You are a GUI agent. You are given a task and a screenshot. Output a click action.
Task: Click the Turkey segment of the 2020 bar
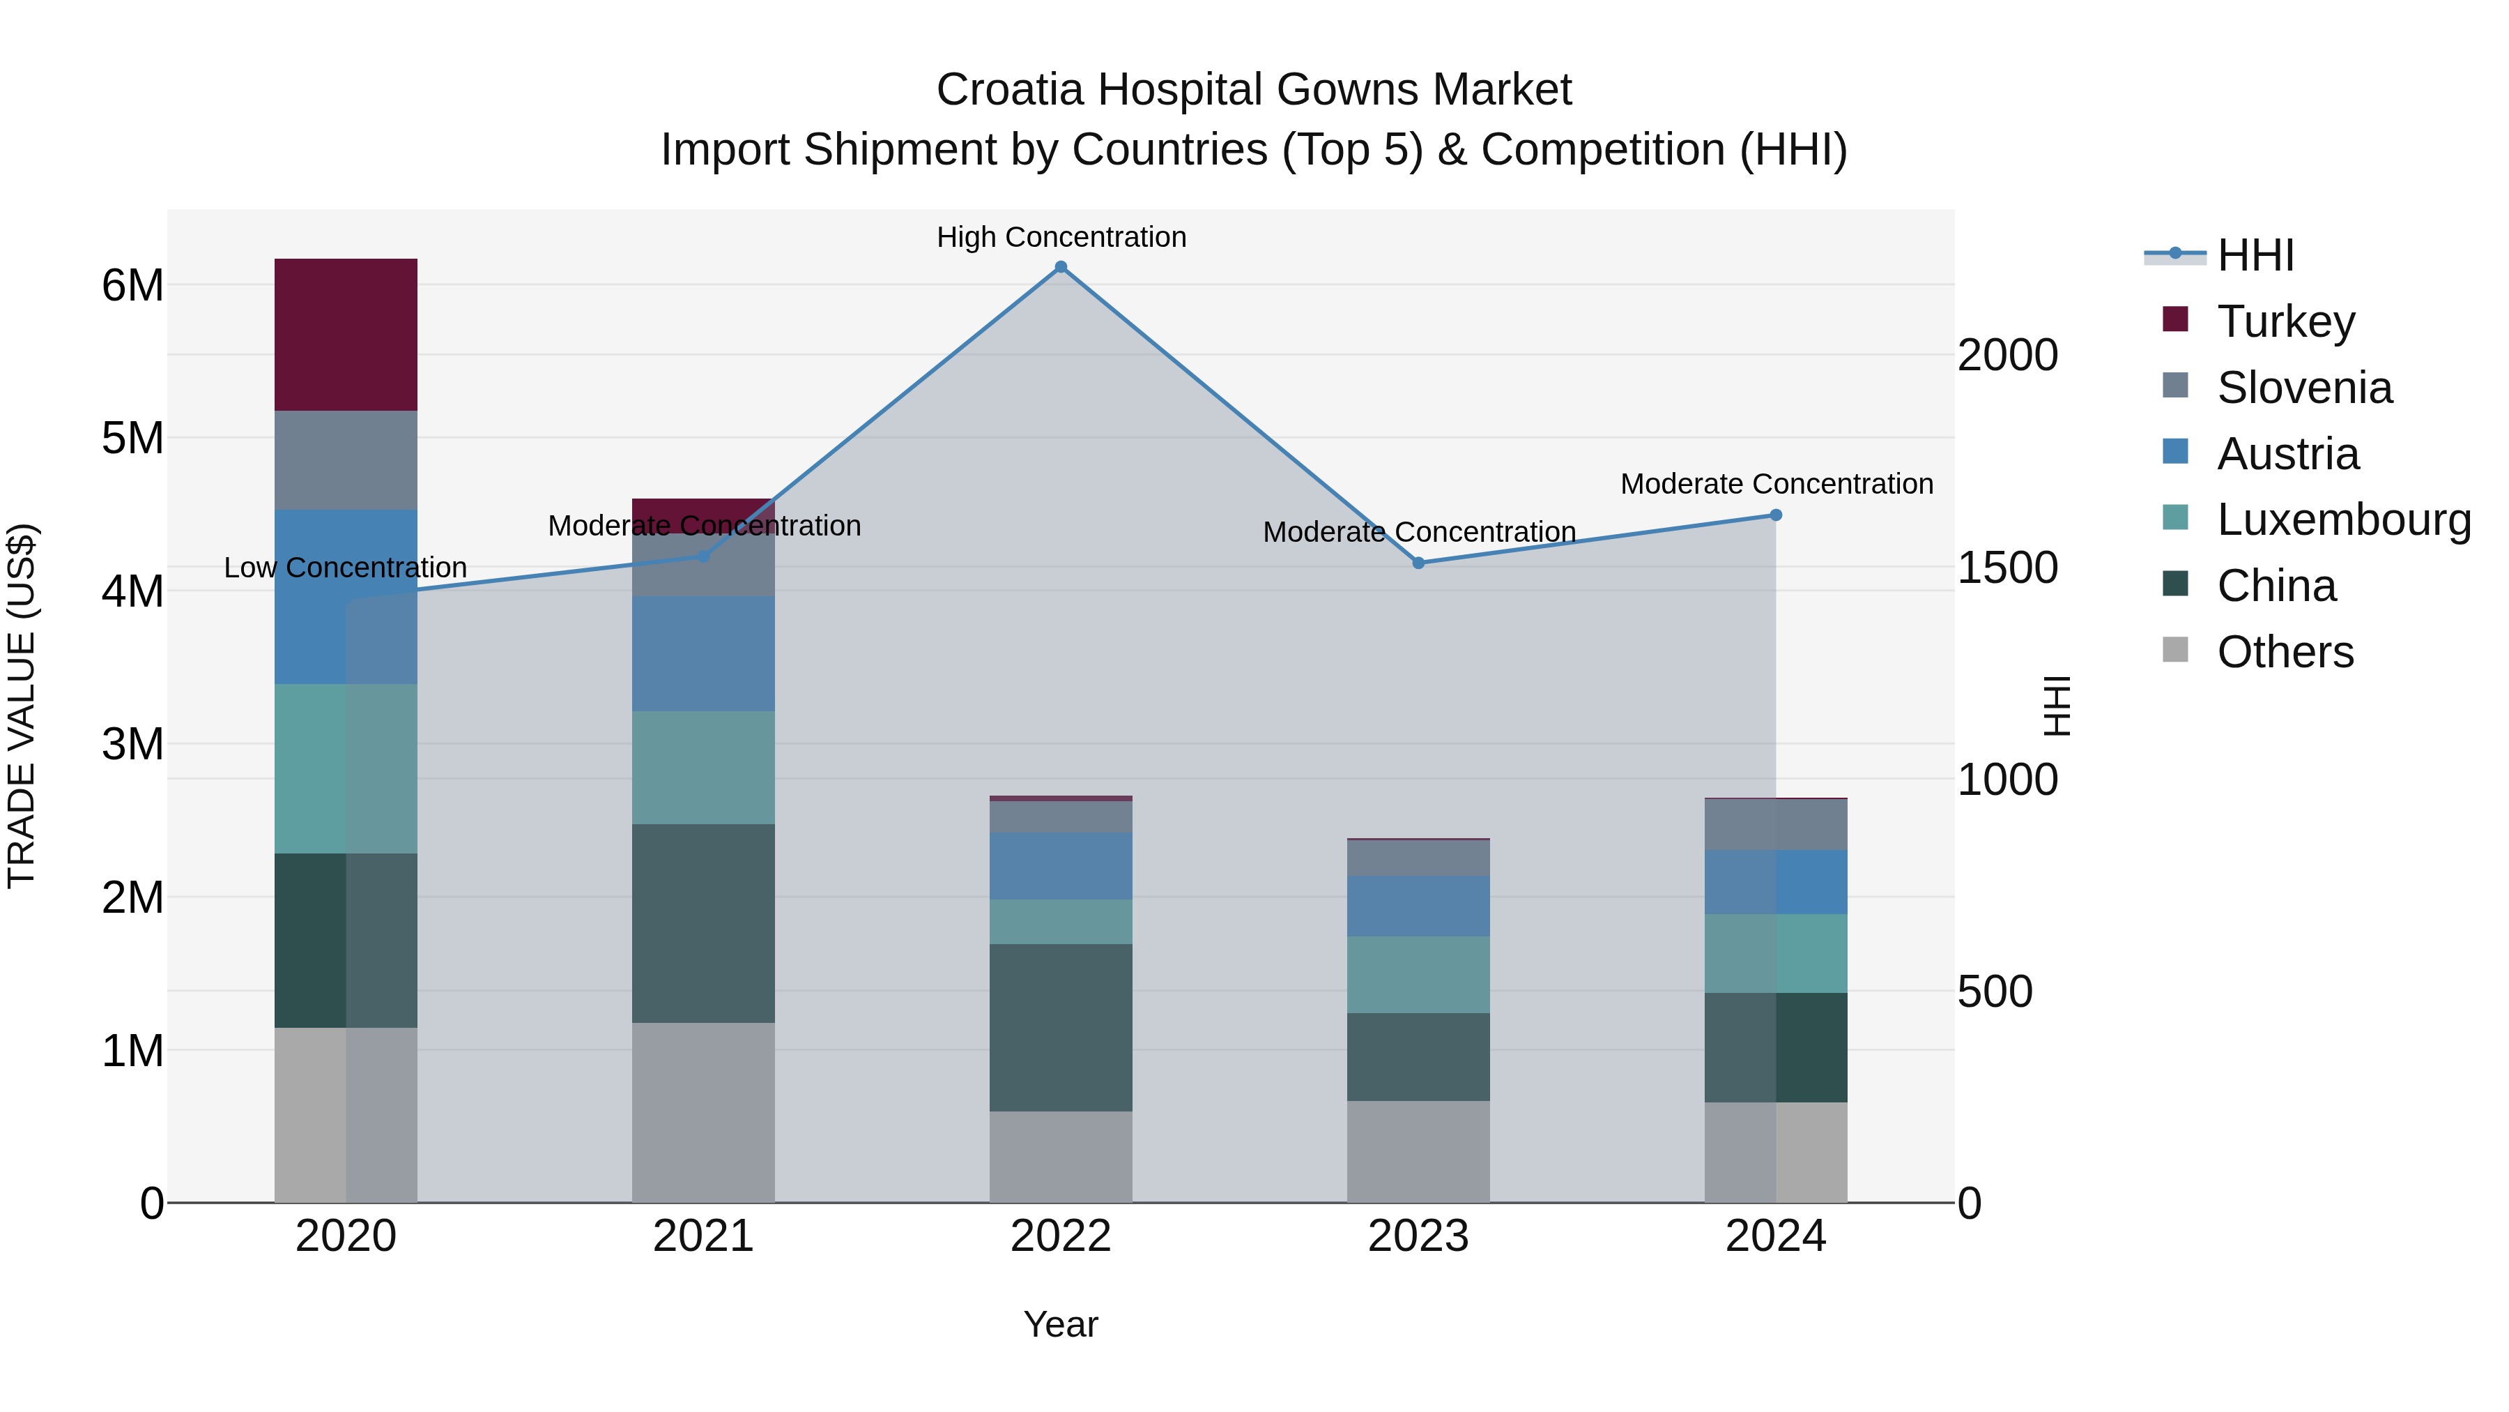click(x=346, y=334)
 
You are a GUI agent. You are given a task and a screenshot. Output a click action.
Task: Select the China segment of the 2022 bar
click(x=1061, y=1027)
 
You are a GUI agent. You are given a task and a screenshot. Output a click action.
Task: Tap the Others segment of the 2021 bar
click(x=703, y=1112)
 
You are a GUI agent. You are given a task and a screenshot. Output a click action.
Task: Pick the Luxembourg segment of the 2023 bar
click(x=1418, y=975)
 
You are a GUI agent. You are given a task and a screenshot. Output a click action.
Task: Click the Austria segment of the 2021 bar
click(x=703, y=654)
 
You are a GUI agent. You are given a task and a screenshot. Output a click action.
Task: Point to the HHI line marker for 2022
click(x=1061, y=267)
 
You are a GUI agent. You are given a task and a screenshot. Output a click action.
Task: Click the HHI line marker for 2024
click(x=1776, y=515)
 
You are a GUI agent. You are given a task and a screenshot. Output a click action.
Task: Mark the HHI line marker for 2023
click(x=1418, y=563)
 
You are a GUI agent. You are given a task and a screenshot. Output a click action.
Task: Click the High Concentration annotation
click(x=1061, y=237)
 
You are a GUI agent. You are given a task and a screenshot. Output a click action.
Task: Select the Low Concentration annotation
click(x=345, y=567)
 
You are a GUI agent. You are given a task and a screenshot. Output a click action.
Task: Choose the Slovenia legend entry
click(x=2303, y=388)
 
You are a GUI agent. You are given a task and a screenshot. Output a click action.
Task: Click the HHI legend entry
click(x=2255, y=255)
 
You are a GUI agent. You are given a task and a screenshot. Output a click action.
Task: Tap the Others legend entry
click(x=2284, y=652)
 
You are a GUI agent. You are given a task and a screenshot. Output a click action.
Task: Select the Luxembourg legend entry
click(x=2342, y=519)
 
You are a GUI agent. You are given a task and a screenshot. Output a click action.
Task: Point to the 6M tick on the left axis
click(x=132, y=285)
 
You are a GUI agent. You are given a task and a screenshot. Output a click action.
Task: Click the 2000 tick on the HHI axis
click(x=2007, y=355)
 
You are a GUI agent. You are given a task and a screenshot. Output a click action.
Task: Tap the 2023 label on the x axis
click(x=1418, y=1236)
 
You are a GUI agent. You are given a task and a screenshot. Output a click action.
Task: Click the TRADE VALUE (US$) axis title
click(x=22, y=706)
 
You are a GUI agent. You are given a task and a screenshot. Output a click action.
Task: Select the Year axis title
click(x=1061, y=1324)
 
